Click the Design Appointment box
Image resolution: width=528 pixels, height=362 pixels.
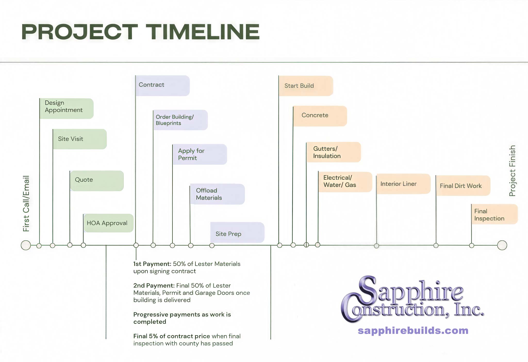(x=67, y=108)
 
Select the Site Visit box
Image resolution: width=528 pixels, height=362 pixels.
(x=80, y=139)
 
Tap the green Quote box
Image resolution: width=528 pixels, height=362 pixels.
(x=97, y=181)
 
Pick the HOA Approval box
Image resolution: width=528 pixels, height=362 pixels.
(x=109, y=223)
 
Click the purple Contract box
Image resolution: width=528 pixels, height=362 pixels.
(x=163, y=86)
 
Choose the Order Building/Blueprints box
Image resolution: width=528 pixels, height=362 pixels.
(x=180, y=120)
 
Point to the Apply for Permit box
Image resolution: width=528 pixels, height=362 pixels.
(x=200, y=154)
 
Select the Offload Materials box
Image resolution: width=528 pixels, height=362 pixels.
(x=217, y=194)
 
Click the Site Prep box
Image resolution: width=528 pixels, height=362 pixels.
(x=237, y=232)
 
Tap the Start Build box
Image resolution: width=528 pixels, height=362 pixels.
(x=306, y=86)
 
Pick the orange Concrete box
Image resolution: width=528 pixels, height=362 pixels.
(x=320, y=116)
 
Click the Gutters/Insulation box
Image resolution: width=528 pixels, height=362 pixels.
(x=334, y=152)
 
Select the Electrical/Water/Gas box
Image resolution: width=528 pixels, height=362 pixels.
(x=345, y=182)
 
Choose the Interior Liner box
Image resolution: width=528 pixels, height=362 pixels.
(x=403, y=184)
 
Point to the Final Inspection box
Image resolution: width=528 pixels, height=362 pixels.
(x=494, y=214)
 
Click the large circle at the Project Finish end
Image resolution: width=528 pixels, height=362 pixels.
(x=502, y=245)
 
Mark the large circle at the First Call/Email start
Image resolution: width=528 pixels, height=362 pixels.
(x=26, y=245)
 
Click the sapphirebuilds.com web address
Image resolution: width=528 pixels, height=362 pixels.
(x=413, y=330)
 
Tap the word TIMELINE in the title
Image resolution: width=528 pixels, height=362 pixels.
(x=203, y=32)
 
